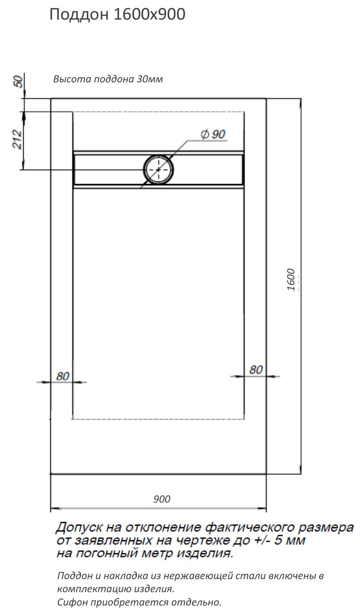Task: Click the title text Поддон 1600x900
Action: point(118,15)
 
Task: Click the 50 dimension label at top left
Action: point(19,81)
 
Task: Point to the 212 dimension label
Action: point(17,139)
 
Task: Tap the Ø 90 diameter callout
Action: point(213,134)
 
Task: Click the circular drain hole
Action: point(158,170)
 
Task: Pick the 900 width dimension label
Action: point(162,499)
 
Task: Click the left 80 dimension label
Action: point(63,376)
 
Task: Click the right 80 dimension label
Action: point(256,370)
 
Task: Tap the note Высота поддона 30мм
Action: point(108,79)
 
